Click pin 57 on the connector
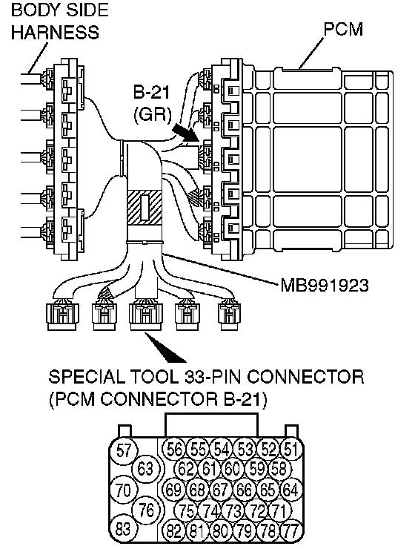pos(124,450)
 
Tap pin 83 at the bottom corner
pos(123,528)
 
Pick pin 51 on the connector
pos(291,449)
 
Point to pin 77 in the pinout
pos(291,531)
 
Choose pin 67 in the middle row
pos(221,490)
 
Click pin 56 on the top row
pos(173,449)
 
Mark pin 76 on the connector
pos(147,510)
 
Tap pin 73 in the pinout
pos(233,511)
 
